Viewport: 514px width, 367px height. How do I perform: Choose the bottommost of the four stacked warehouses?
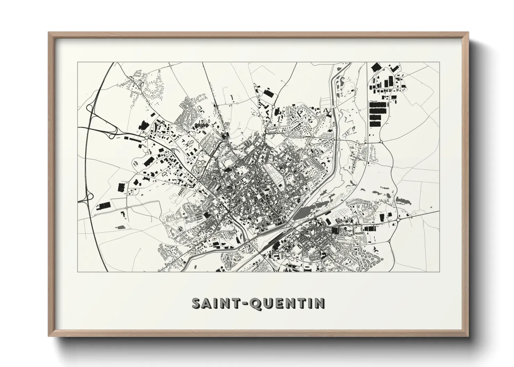pyautogui.click(x=375, y=123)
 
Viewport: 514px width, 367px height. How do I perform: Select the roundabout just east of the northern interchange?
pyautogui.click(x=146, y=138)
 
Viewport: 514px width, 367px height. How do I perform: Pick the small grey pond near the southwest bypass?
pyautogui.click(x=120, y=227)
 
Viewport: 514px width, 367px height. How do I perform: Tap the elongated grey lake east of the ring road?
pyautogui.click(x=403, y=200)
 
